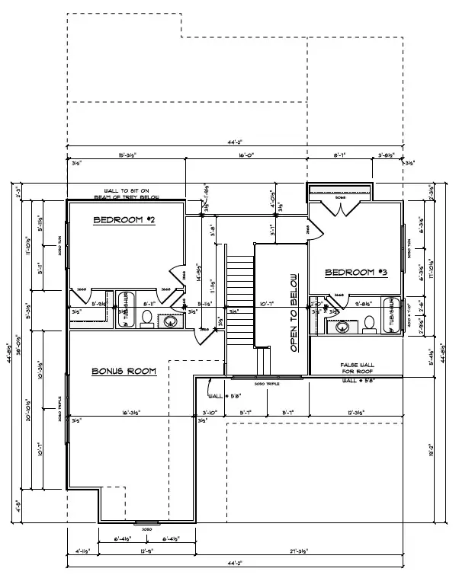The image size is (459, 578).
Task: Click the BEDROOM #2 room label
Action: (x=124, y=221)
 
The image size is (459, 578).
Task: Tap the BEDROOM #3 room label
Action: (x=356, y=273)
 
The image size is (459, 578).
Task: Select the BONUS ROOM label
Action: (x=124, y=371)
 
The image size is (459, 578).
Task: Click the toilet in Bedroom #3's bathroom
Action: (x=370, y=327)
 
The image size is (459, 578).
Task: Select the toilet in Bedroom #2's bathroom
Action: (x=147, y=318)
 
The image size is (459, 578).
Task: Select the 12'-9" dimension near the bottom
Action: (x=147, y=550)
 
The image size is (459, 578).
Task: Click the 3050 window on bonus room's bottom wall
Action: (x=146, y=524)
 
